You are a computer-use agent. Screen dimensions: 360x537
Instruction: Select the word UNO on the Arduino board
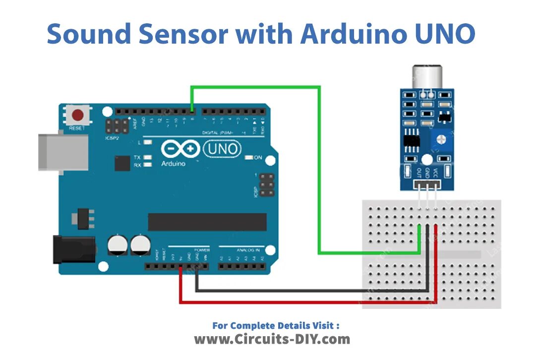point(222,148)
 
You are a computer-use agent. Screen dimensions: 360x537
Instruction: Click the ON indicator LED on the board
point(249,158)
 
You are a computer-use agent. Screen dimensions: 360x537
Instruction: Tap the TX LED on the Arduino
point(147,157)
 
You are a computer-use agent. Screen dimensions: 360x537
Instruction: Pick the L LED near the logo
point(147,142)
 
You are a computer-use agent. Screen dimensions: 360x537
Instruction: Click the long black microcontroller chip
point(207,222)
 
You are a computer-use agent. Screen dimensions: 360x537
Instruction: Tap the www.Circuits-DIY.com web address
point(272,339)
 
